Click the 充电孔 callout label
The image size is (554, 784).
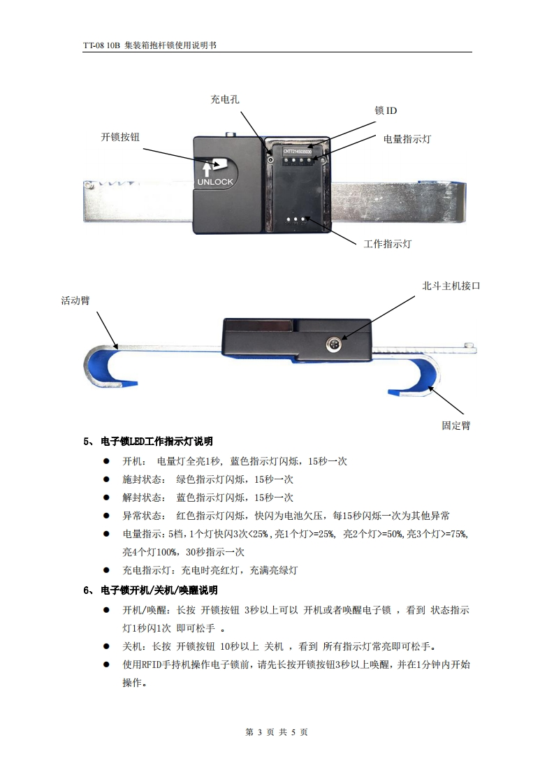[225, 99]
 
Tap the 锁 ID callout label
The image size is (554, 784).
[386, 110]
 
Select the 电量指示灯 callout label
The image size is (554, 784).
[407, 139]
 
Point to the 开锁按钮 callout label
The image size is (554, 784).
[120, 137]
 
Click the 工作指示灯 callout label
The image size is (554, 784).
[387, 244]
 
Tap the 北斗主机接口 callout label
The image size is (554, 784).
[451, 286]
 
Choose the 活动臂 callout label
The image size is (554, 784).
[75, 300]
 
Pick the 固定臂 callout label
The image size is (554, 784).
[456, 426]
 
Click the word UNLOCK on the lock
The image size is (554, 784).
[215, 182]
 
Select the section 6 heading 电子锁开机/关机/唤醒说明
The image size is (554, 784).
[159, 590]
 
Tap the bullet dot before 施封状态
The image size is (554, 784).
[107, 479]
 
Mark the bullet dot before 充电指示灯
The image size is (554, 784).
[107, 570]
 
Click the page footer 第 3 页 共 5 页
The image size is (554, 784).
[277, 732]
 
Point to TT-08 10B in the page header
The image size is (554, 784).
[101, 45]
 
